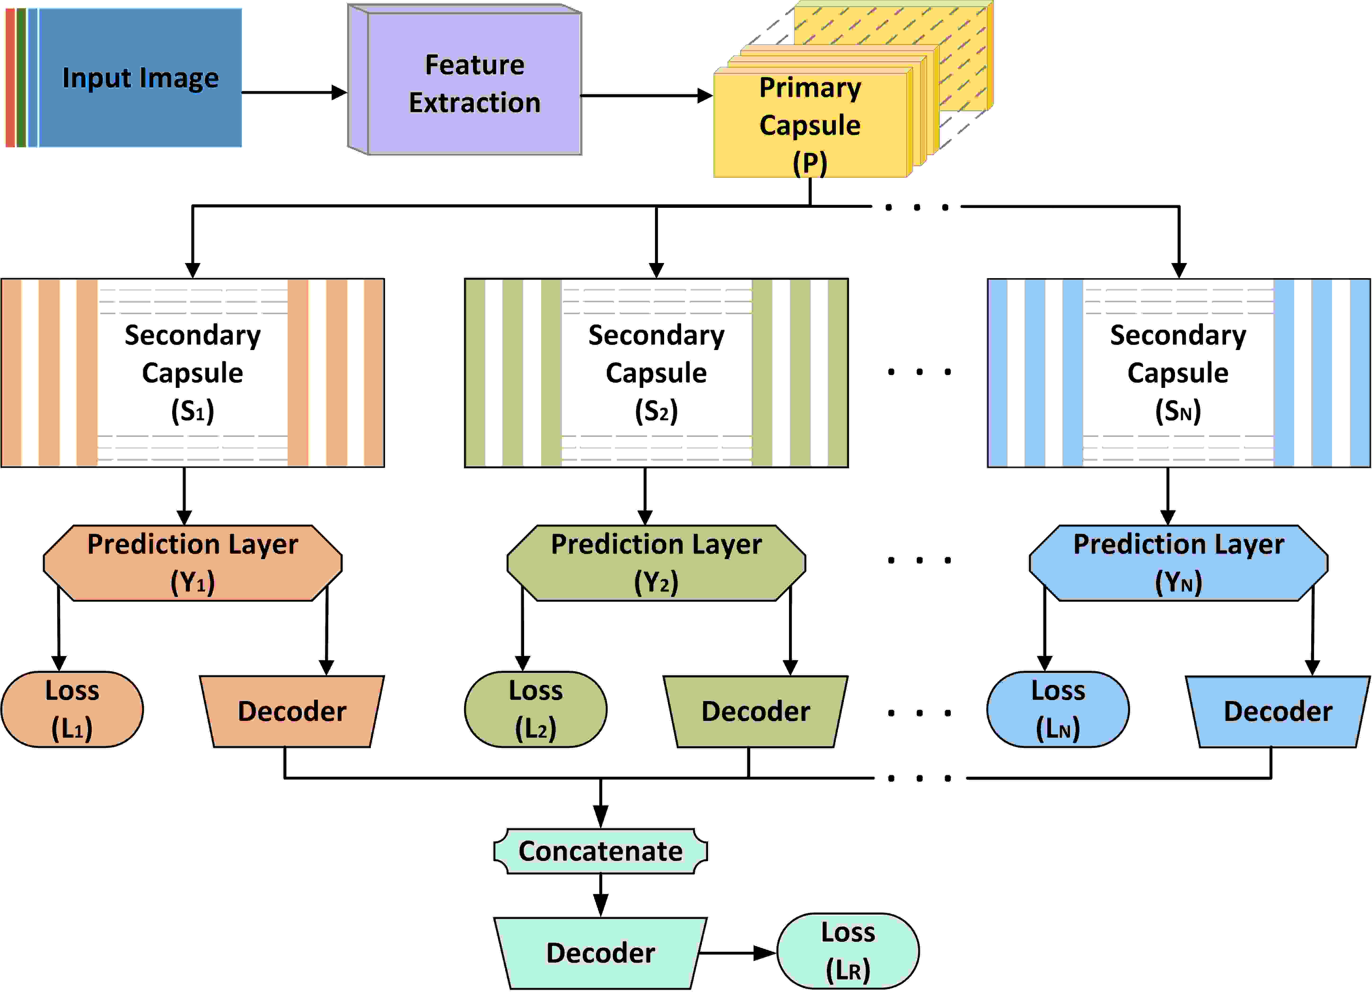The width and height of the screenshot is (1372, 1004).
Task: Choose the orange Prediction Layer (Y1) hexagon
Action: tap(193, 563)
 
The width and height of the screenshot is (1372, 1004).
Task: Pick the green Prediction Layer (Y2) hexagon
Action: tap(656, 563)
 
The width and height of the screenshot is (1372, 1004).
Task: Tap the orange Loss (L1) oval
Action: tap(72, 709)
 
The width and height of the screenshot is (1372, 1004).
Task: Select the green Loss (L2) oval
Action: tap(535, 709)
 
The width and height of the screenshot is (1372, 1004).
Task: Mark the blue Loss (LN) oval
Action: tap(1058, 709)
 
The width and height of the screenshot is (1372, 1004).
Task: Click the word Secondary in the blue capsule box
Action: tap(1178, 335)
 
